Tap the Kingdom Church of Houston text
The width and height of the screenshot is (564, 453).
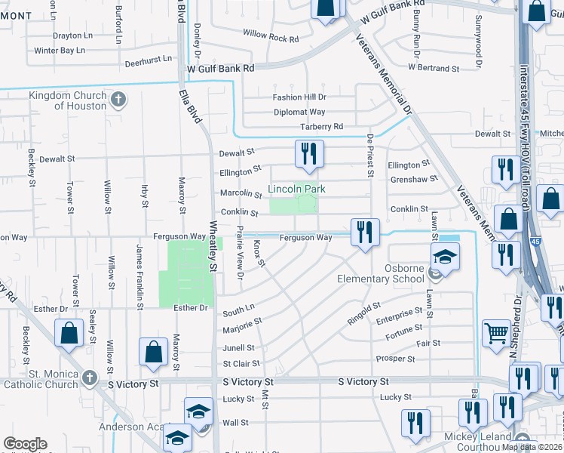point(68,100)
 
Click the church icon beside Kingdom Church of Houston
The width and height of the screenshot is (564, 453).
point(118,99)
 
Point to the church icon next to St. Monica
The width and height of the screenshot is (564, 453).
point(89,377)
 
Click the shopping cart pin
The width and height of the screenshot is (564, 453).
point(496,332)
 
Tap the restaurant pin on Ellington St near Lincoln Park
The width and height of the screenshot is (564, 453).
point(308,155)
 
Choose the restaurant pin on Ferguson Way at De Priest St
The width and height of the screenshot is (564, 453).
point(365,233)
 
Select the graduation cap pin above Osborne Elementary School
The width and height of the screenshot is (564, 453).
point(445,257)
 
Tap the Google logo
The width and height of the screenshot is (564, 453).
point(25,444)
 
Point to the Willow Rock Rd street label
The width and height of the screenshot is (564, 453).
point(271,35)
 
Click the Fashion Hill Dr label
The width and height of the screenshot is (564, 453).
point(299,97)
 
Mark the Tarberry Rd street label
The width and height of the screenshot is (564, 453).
point(321,126)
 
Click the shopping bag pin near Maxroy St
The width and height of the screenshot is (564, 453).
point(153,352)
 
